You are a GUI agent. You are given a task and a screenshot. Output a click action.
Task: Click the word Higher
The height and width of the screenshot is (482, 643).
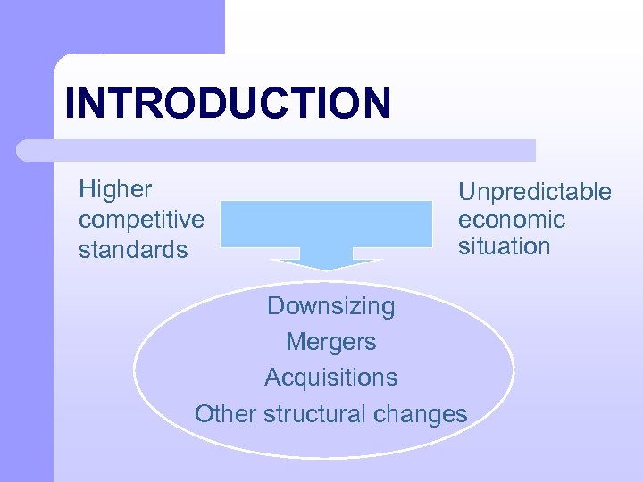tap(115, 190)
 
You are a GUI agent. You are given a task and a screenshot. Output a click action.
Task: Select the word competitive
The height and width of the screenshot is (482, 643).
tap(141, 220)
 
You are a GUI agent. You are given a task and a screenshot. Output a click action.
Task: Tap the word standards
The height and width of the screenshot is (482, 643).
tap(133, 249)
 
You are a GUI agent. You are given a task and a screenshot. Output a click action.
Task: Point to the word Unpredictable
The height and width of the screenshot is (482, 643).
tap(534, 192)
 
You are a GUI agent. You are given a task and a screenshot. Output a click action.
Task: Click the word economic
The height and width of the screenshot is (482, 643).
tap(511, 220)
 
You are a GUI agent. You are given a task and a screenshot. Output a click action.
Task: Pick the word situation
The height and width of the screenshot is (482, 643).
tap(504, 246)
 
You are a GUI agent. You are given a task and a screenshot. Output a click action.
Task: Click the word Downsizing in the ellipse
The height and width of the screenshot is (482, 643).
tap(330, 306)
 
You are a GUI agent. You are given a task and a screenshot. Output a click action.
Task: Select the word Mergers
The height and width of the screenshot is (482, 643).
tap(330, 342)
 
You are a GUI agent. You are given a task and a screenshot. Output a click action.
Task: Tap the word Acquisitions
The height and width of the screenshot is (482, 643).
tap(330, 378)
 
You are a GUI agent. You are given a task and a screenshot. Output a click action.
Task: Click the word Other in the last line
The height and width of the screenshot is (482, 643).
tap(218, 414)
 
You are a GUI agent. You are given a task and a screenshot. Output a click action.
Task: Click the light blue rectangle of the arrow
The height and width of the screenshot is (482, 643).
tap(326, 223)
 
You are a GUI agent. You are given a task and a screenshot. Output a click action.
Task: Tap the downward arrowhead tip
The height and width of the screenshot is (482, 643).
tap(326, 268)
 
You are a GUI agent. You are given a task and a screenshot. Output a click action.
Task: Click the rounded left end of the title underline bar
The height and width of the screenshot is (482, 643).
tap(25, 150)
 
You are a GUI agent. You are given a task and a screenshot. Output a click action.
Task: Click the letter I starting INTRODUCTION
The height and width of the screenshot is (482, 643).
tap(71, 103)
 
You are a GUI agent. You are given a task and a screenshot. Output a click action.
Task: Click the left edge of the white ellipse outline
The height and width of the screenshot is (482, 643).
tap(135, 367)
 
